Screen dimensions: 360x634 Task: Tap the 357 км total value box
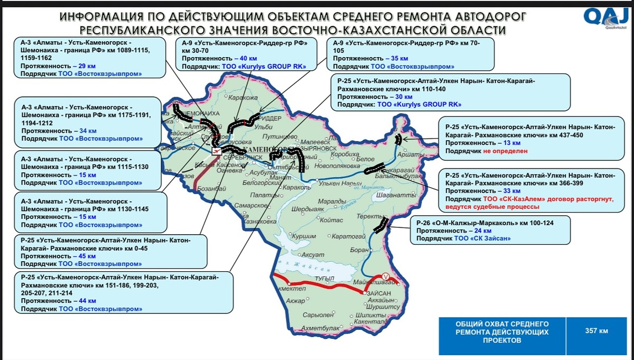596,331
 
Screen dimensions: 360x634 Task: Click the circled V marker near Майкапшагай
385,276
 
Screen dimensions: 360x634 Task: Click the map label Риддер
270,118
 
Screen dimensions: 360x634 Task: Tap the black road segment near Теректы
380,226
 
